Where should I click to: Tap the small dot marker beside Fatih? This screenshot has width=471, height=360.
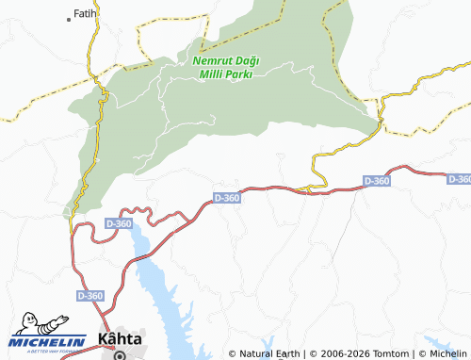[70, 19]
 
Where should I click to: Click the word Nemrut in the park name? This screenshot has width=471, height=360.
[210, 60]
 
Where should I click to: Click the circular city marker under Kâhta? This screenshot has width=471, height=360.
[120, 355]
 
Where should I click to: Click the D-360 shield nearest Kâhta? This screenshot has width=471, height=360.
[89, 296]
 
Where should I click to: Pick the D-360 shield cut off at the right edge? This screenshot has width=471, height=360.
[459, 178]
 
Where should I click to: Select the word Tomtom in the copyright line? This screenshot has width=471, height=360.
[382, 354]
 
